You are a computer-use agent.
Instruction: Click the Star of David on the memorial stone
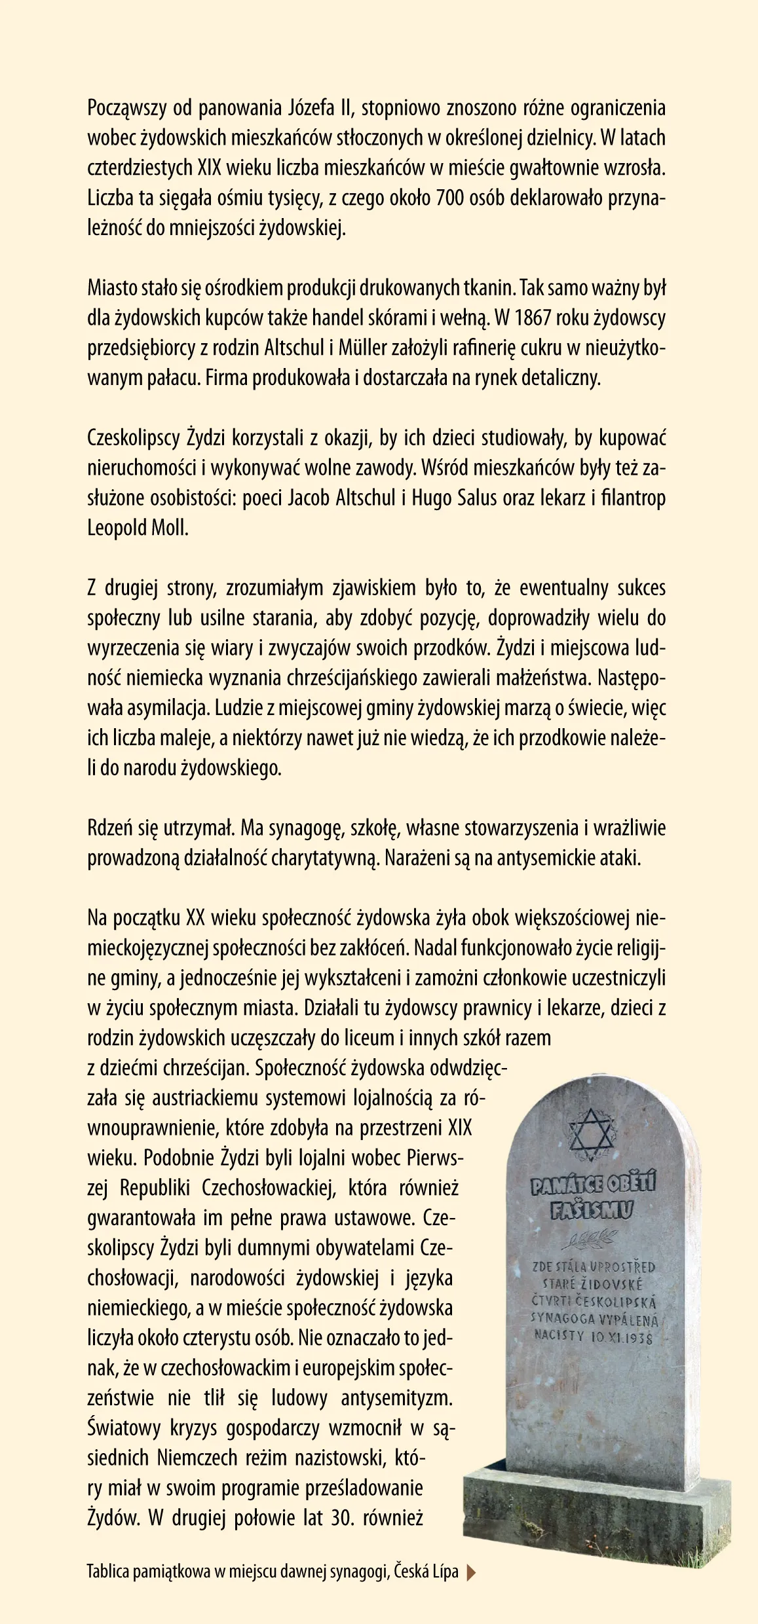click(x=591, y=1132)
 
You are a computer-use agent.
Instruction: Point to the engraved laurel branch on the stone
click(x=590, y=1239)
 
